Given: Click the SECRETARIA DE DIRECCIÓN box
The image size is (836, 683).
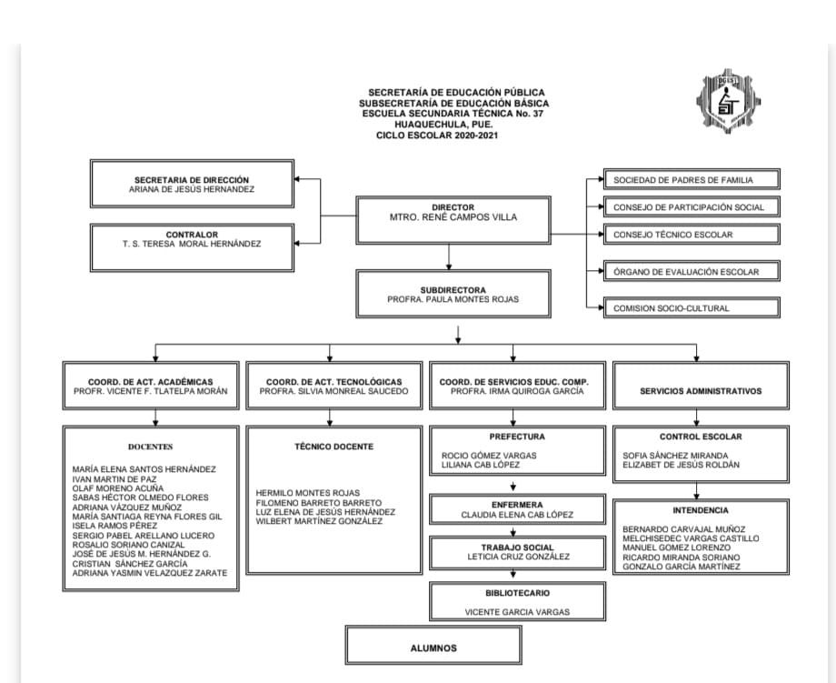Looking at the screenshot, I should tap(192, 185).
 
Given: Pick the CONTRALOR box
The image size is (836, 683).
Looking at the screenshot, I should tap(192, 239).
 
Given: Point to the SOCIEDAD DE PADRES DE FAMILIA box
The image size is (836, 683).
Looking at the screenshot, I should tap(691, 180).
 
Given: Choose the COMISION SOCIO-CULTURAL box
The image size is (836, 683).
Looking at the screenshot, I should tap(691, 308).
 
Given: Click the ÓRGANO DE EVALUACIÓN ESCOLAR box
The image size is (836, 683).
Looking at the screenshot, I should tap(691, 271).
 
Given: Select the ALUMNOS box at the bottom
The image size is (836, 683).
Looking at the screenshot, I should tap(433, 648).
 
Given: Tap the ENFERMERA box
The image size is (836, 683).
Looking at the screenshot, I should tap(517, 509).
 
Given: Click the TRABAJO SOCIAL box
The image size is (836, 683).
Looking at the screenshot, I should tap(517, 551).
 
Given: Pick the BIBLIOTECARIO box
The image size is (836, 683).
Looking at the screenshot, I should tap(517, 602).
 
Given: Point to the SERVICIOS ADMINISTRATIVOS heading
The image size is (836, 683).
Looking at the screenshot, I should tap(701, 391).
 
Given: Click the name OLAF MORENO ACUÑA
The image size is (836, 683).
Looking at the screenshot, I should tap(119, 488).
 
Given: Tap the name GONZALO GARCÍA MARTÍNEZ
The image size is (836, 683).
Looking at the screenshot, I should tap(681, 567).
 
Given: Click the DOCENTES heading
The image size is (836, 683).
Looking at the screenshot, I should tap(150, 447).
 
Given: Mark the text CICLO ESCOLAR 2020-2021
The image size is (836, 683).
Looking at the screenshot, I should tap(438, 136).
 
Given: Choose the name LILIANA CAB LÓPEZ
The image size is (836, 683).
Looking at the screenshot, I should tap(481, 465).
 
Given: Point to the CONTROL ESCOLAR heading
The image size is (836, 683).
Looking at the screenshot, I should tap(701, 437).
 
